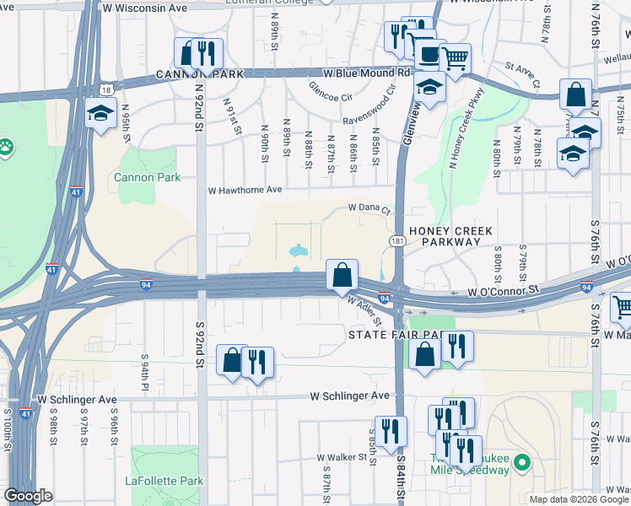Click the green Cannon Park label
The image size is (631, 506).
click(x=134, y=177)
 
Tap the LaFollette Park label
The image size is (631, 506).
click(x=164, y=481)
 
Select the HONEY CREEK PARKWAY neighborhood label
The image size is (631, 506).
click(x=445, y=235)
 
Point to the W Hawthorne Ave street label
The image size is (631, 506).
click(x=245, y=190)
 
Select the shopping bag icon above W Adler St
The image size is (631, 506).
click(x=342, y=275)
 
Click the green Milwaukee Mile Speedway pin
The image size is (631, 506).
click(x=522, y=462)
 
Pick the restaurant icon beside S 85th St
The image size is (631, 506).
click(x=391, y=431)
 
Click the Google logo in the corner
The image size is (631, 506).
click(x=28, y=496)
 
